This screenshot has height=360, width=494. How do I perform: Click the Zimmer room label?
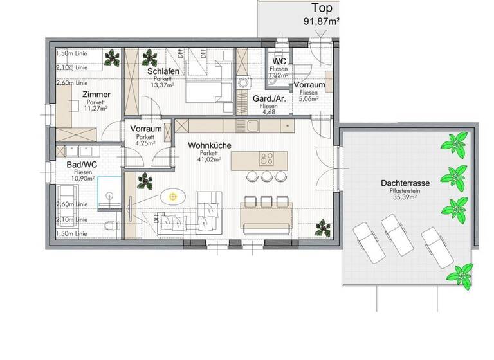[x=96, y=94]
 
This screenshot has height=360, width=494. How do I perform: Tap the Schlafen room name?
[x=162, y=71]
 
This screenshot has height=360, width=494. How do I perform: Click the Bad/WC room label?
[x=82, y=165]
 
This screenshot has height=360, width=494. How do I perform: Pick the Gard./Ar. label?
[x=269, y=98]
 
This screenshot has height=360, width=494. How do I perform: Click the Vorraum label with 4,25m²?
[x=145, y=129]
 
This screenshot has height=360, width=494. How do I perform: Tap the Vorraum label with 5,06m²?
[x=309, y=85]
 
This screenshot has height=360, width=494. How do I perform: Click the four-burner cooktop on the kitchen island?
[x=267, y=159]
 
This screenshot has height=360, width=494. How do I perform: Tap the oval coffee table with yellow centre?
[x=173, y=196]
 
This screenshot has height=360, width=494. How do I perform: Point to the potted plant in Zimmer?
[x=113, y=59]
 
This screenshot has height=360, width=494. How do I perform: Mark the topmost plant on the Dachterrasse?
[x=457, y=142]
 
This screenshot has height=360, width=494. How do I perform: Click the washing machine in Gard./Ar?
[x=243, y=82]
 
